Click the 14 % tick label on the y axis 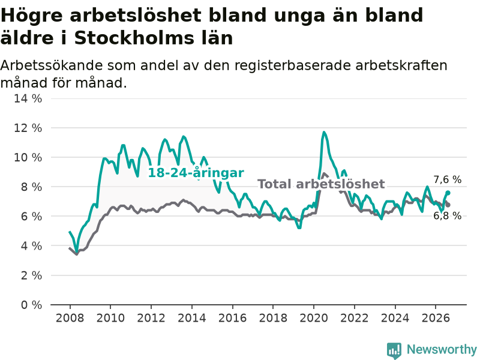click(28, 98)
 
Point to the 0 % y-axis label click(31, 305)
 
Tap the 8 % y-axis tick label click(31, 187)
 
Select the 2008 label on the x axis click(70, 318)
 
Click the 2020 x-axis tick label click(314, 318)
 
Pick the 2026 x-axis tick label click(436, 318)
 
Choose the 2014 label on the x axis click(192, 318)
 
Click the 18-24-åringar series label click(196, 173)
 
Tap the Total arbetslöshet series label click(321, 184)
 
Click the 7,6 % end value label click(447, 179)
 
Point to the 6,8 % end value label click(447, 216)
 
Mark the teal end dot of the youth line click(448, 193)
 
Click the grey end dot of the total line click(448, 205)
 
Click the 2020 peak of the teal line click(324, 132)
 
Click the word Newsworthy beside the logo click(442, 349)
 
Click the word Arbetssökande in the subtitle click(51, 65)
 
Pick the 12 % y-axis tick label click(28, 128)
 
